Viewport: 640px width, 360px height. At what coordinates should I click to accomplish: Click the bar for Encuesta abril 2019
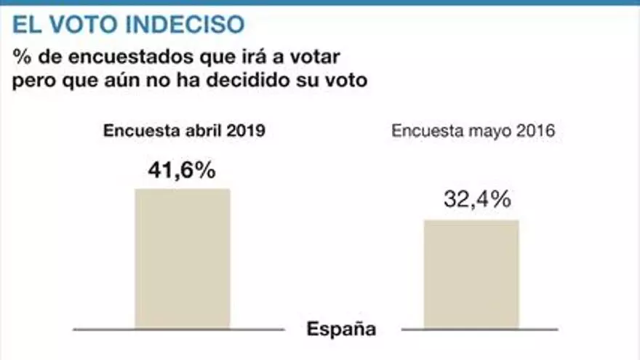point(183,258)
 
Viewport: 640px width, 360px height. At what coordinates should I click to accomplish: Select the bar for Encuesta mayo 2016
point(471,273)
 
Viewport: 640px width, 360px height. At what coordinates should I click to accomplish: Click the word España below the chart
point(341,329)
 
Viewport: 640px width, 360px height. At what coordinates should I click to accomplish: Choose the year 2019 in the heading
point(244,132)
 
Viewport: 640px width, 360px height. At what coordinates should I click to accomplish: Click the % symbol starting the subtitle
point(19,57)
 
